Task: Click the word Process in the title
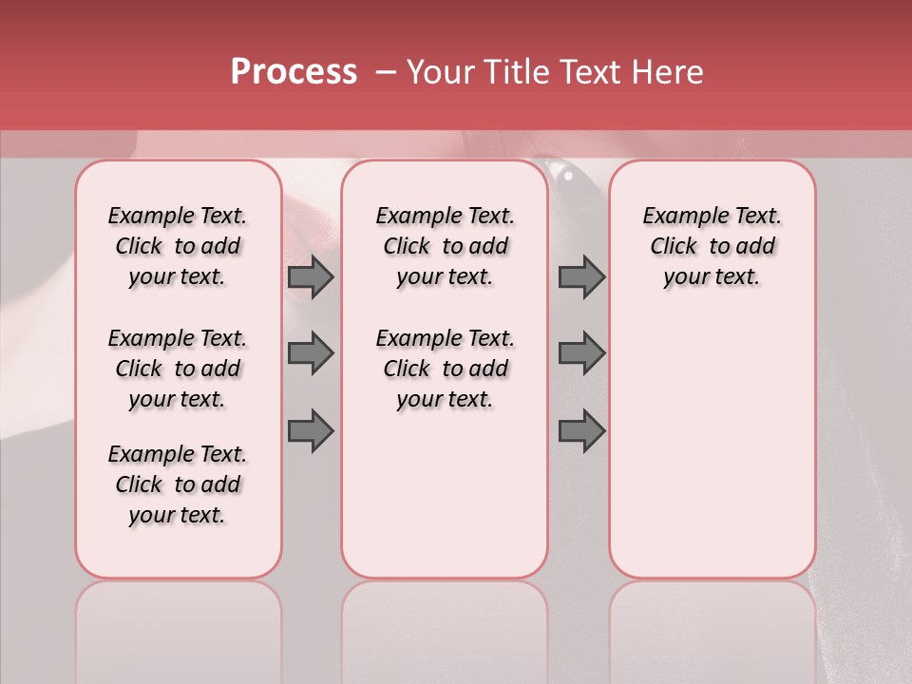click(294, 72)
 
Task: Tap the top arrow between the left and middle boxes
click(311, 276)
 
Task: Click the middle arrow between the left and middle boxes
click(311, 353)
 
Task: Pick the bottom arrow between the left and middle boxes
click(311, 430)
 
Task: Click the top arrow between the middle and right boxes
click(581, 276)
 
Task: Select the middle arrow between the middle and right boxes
click(581, 353)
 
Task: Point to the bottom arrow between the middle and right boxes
click(581, 430)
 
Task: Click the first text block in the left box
click(178, 246)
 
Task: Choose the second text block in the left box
click(178, 369)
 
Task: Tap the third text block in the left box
click(178, 484)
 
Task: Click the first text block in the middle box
click(445, 246)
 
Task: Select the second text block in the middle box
click(445, 369)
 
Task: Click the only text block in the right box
click(712, 246)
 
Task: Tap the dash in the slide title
click(386, 72)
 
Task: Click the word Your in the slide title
click(440, 72)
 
